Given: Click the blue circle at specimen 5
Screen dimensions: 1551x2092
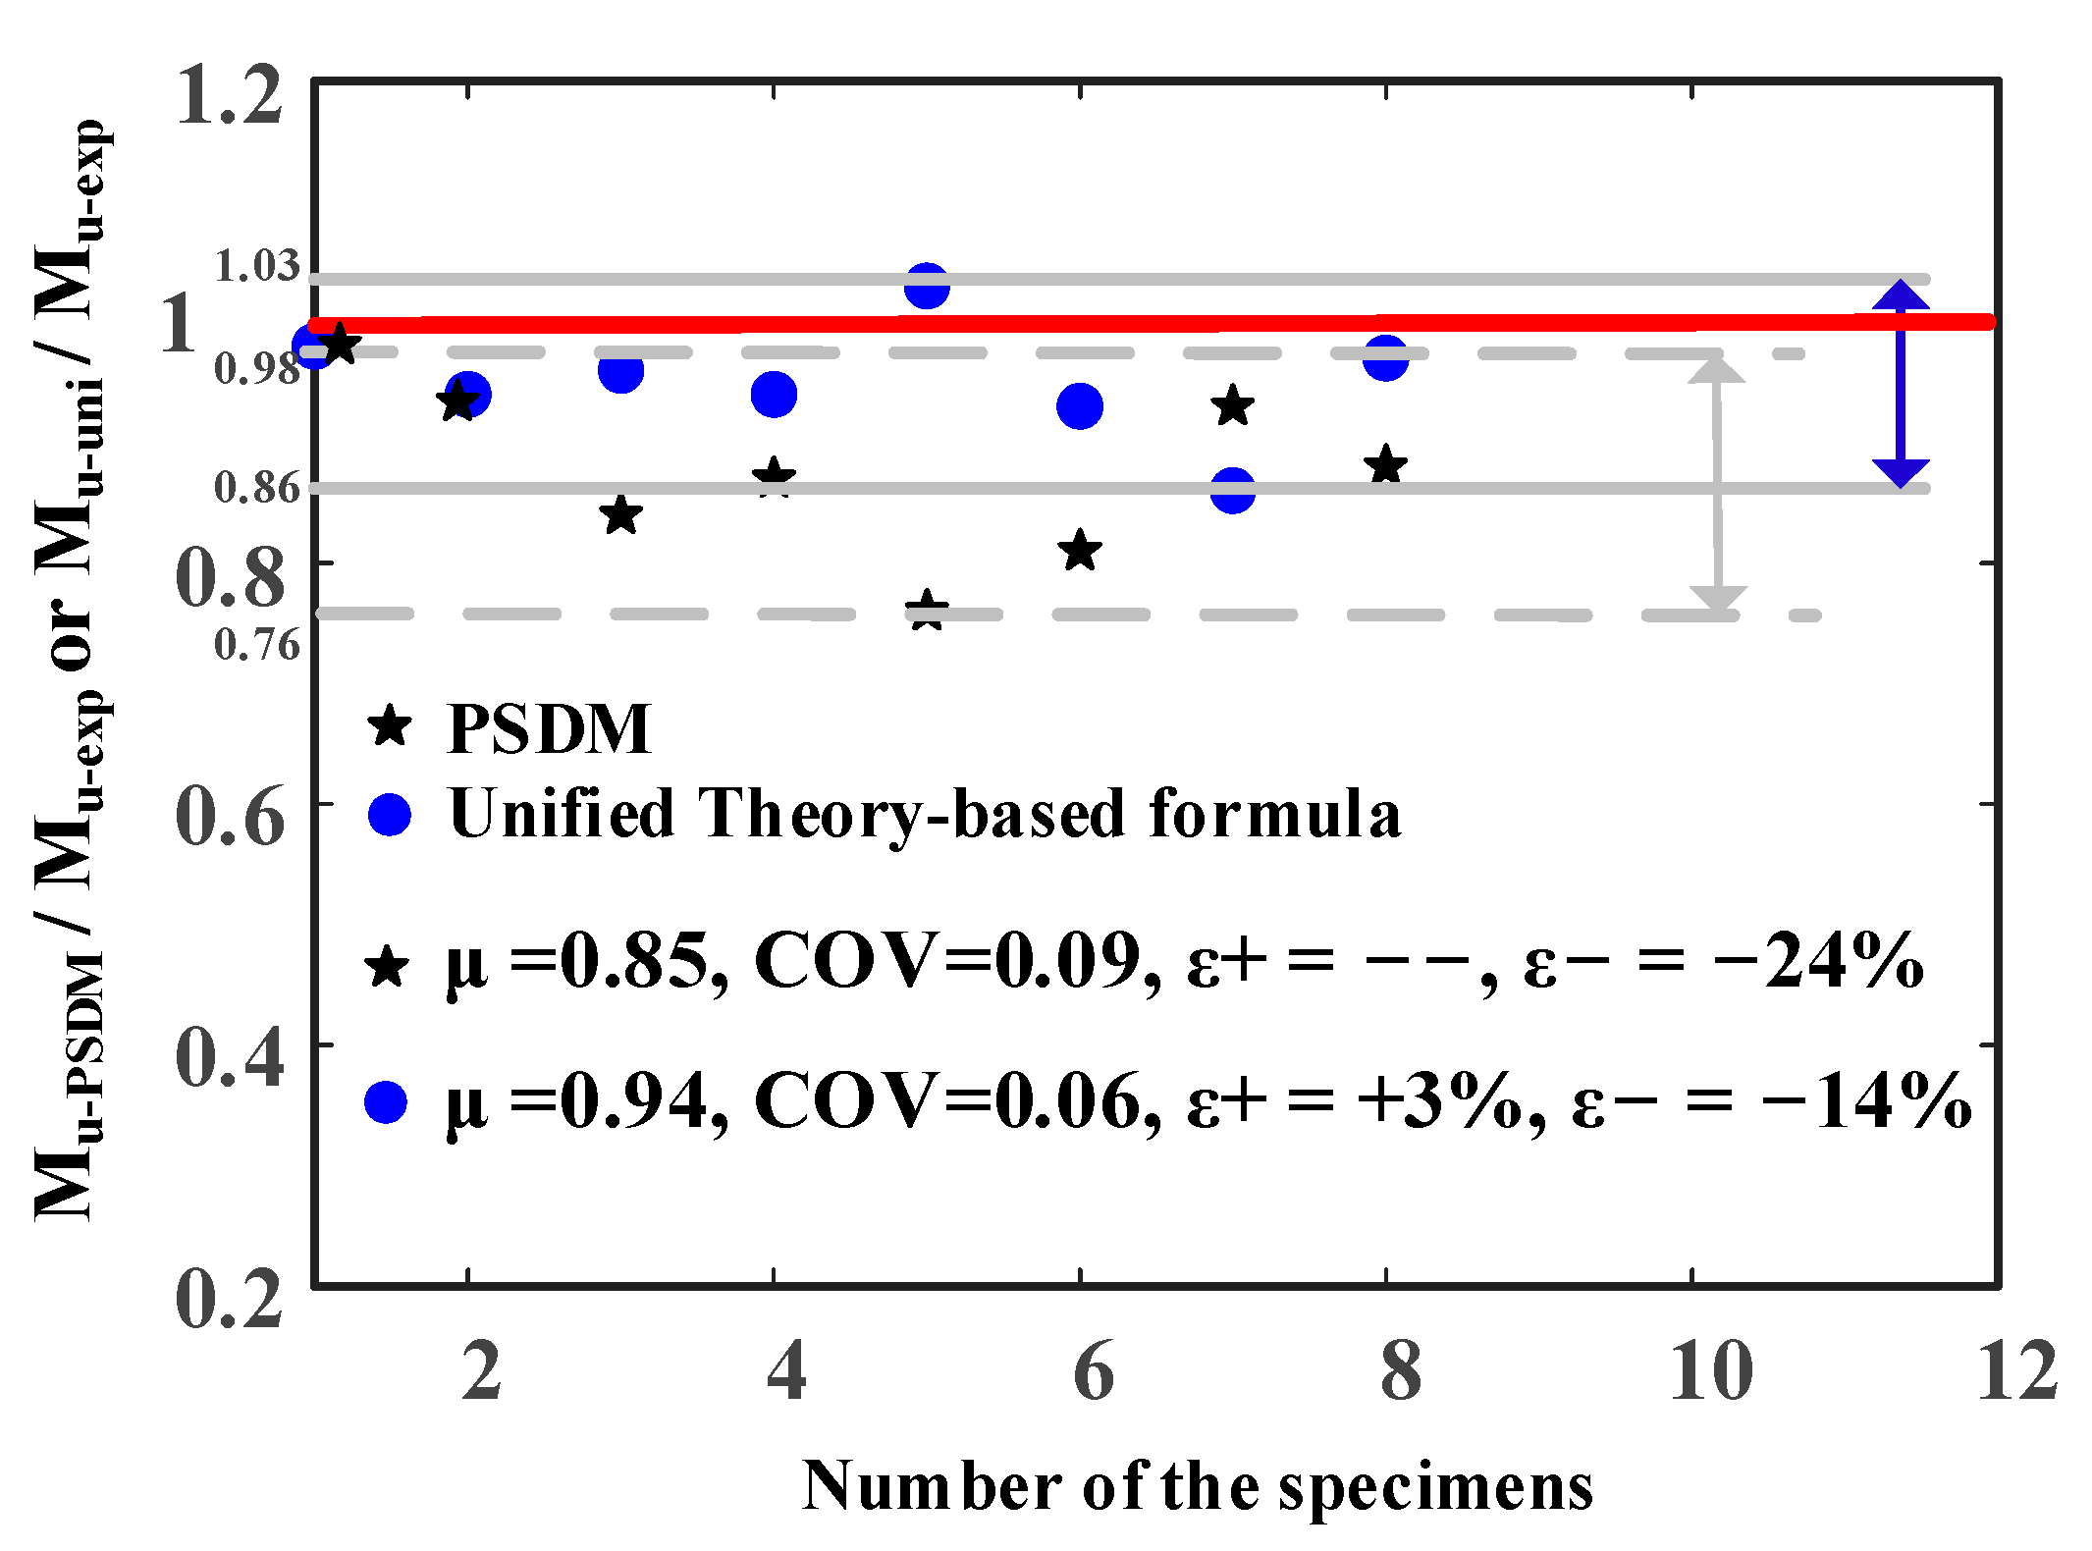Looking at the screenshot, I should pos(927,286).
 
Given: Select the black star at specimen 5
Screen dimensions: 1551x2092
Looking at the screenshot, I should pos(927,611).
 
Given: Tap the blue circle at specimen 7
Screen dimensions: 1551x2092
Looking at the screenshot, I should pos(1233,490).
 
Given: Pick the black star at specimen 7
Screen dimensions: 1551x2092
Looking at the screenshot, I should pos(1233,406).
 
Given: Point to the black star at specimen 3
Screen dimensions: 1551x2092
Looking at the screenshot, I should pos(620,515).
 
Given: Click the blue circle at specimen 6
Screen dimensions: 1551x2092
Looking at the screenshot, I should pos(1080,406).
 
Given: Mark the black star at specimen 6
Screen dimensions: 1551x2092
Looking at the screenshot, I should pos(1080,551).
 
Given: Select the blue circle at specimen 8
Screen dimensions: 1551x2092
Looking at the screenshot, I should pos(1385,358).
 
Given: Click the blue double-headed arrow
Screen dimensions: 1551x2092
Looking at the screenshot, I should pos(1901,385).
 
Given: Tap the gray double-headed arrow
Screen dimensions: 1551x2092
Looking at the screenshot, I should pos(1717,484).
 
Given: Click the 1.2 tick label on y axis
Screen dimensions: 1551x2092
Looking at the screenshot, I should pos(230,96).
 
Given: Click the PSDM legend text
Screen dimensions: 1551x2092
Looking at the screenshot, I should pos(549,728).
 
